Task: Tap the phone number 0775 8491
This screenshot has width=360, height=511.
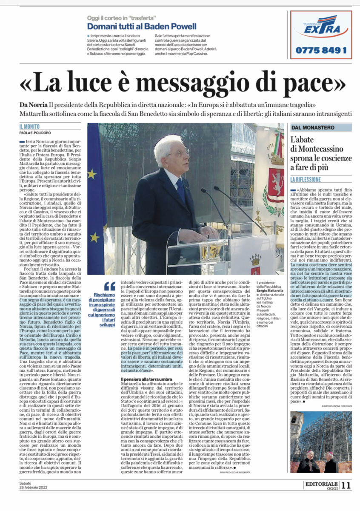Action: click(x=321, y=50)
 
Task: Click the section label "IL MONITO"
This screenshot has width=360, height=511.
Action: click(x=29, y=126)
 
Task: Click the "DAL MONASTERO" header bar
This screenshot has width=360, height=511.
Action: click(x=321, y=127)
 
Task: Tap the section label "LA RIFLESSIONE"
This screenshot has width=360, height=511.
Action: click(x=311, y=180)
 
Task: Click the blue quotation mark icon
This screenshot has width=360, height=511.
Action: click(x=109, y=286)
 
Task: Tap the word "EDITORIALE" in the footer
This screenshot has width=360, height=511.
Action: click(x=321, y=484)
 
